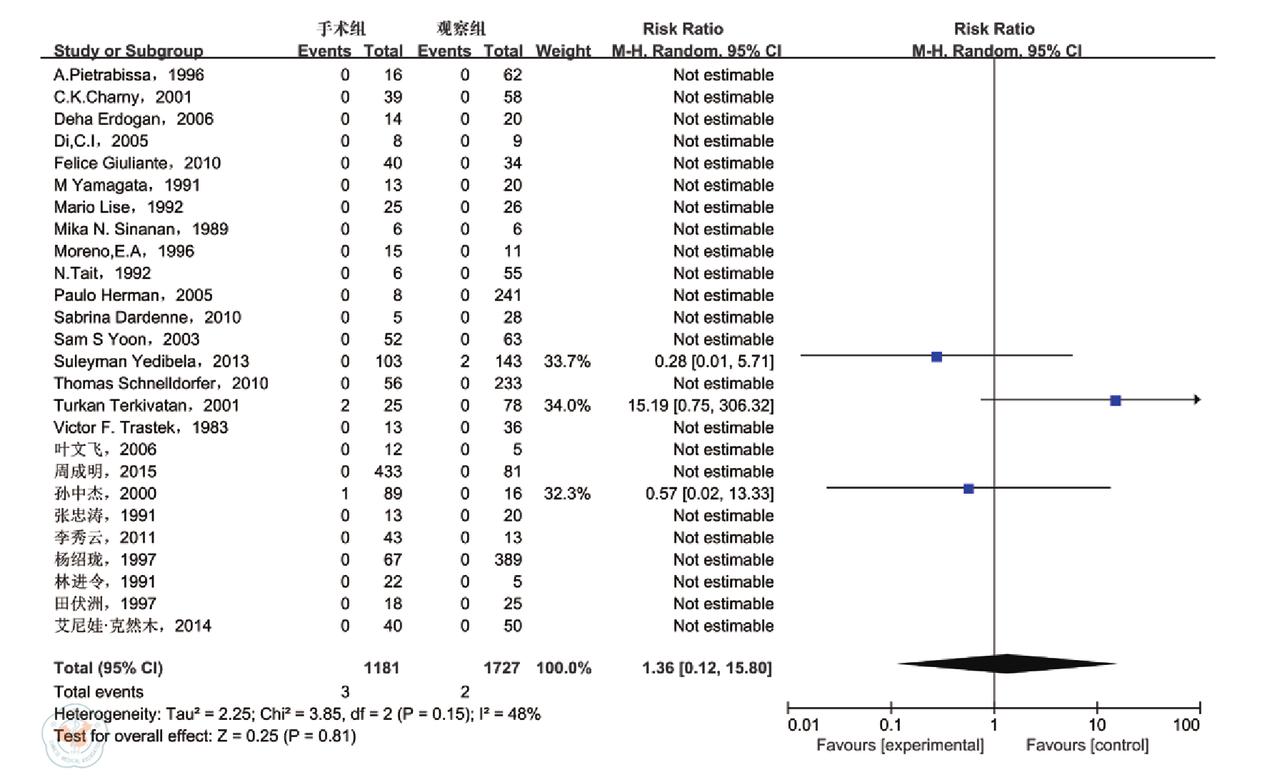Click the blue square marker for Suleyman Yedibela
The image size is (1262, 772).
click(x=936, y=357)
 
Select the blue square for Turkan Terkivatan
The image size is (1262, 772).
click(x=1115, y=401)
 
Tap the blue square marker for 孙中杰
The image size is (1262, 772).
click(x=968, y=489)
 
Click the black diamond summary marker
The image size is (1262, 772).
click(x=1006, y=664)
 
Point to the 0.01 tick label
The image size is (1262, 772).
click(x=803, y=725)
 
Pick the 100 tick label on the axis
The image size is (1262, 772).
click(x=1186, y=725)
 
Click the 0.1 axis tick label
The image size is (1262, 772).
click(x=890, y=725)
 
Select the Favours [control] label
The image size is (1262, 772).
click(x=1087, y=745)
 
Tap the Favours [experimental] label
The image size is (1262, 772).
click(x=899, y=745)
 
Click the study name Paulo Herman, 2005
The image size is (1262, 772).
click(x=133, y=295)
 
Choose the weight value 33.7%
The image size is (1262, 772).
click(x=566, y=362)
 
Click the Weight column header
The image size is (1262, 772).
click(x=563, y=51)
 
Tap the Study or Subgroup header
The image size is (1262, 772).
click(x=129, y=51)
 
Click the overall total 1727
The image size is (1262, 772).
click(x=501, y=668)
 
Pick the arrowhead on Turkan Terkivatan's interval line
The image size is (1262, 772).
click(x=1197, y=400)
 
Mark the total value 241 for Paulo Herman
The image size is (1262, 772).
click(x=508, y=295)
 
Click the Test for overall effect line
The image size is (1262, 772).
click(x=205, y=736)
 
